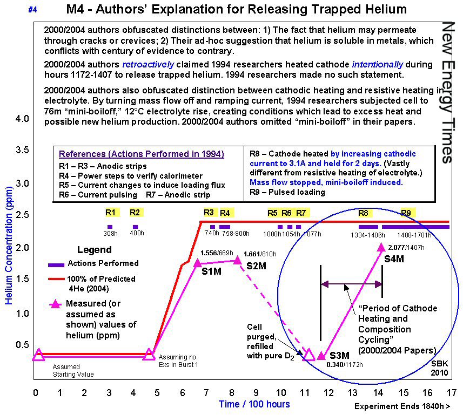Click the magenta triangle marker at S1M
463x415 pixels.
pyautogui.click(x=197, y=263)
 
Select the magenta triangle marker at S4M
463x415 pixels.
pyautogui.click(x=382, y=248)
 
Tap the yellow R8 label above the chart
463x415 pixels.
pyautogui.click(x=364, y=213)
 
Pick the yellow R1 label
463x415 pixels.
pyautogui.click(x=110, y=213)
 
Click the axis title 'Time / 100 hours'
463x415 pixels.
pyautogui.click(x=254, y=404)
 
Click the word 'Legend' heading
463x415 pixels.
pyautogui.click(x=95, y=250)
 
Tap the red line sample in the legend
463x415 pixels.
pyautogui.click(x=56, y=279)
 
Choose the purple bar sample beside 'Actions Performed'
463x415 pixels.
pyautogui.click(x=56, y=264)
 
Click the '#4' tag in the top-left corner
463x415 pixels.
pyautogui.click(x=32, y=9)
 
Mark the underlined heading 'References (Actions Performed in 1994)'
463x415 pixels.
pyautogui.click(x=141, y=154)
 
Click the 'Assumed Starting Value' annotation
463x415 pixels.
pyautogui.click(x=73, y=371)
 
